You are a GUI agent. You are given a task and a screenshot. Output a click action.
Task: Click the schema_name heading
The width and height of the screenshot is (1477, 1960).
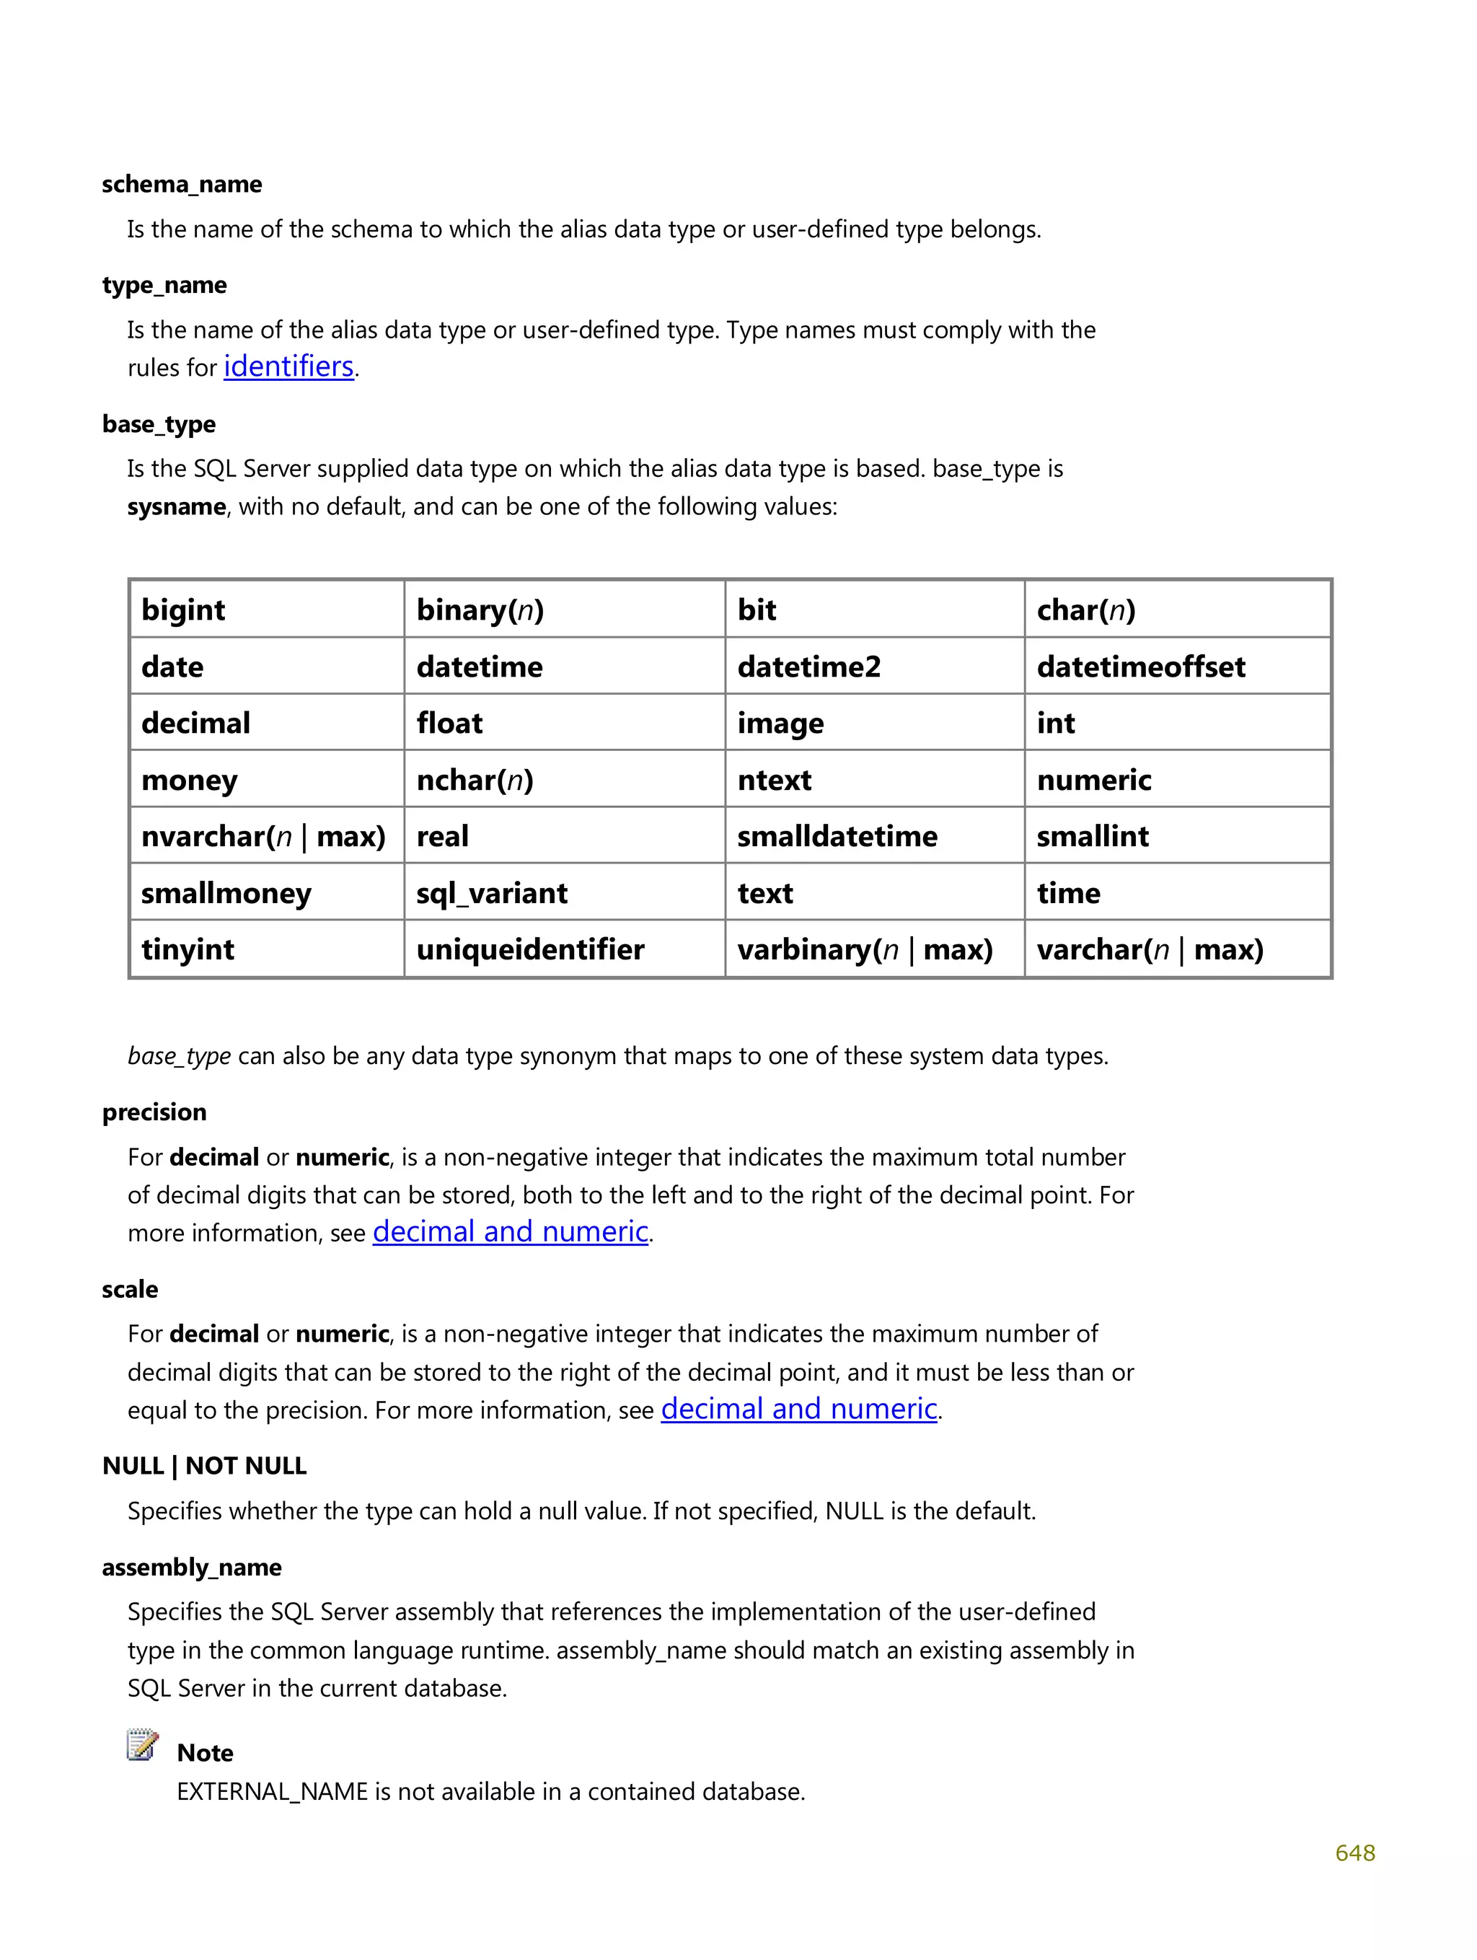[182, 184]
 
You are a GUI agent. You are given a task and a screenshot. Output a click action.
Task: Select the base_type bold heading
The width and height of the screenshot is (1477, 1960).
[159, 423]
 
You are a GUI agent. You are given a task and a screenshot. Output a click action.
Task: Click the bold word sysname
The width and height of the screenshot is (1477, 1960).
[176, 507]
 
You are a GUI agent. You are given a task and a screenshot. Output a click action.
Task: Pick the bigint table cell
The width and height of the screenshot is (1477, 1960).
[183, 610]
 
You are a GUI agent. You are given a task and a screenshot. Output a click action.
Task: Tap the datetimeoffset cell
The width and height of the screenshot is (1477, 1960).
[1140, 667]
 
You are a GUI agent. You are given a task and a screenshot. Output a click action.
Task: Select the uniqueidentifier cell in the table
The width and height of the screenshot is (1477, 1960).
[530, 949]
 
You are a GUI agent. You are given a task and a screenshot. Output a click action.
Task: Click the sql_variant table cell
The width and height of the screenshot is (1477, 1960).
[492, 892]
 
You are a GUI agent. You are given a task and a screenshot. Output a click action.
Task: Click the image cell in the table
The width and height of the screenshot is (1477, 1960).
[780, 723]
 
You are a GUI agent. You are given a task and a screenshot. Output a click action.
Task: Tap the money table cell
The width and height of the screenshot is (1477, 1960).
[189, 780]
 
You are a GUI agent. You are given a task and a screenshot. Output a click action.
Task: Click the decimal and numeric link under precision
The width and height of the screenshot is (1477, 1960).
[511, 1231]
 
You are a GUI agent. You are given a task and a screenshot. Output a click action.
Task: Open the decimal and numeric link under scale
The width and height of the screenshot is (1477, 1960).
[798, 1409]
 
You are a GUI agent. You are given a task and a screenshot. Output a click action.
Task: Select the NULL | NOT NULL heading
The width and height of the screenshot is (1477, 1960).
[204, 1466]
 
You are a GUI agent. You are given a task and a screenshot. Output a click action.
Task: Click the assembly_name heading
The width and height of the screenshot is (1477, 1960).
[191, 1567]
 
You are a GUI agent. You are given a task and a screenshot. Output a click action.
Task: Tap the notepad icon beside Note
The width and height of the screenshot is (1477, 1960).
[142, 1745]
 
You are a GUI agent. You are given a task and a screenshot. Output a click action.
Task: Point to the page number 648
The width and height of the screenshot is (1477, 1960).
[1354, 1853]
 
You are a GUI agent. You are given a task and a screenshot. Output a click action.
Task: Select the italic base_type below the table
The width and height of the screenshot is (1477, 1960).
[179, 1056]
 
